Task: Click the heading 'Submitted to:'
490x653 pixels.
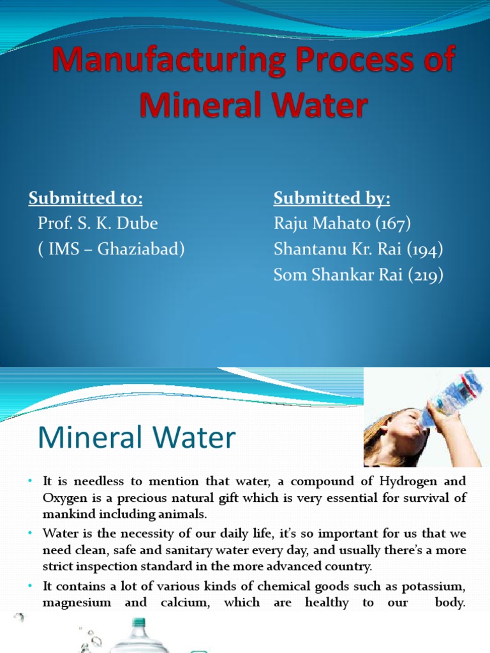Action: [x=85, y=199]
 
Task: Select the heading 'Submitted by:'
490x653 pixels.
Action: [x=332, y=199]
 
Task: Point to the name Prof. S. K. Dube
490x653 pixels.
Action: [x=98, y=224]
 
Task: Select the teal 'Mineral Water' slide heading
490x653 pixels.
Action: [x=137, y=439]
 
